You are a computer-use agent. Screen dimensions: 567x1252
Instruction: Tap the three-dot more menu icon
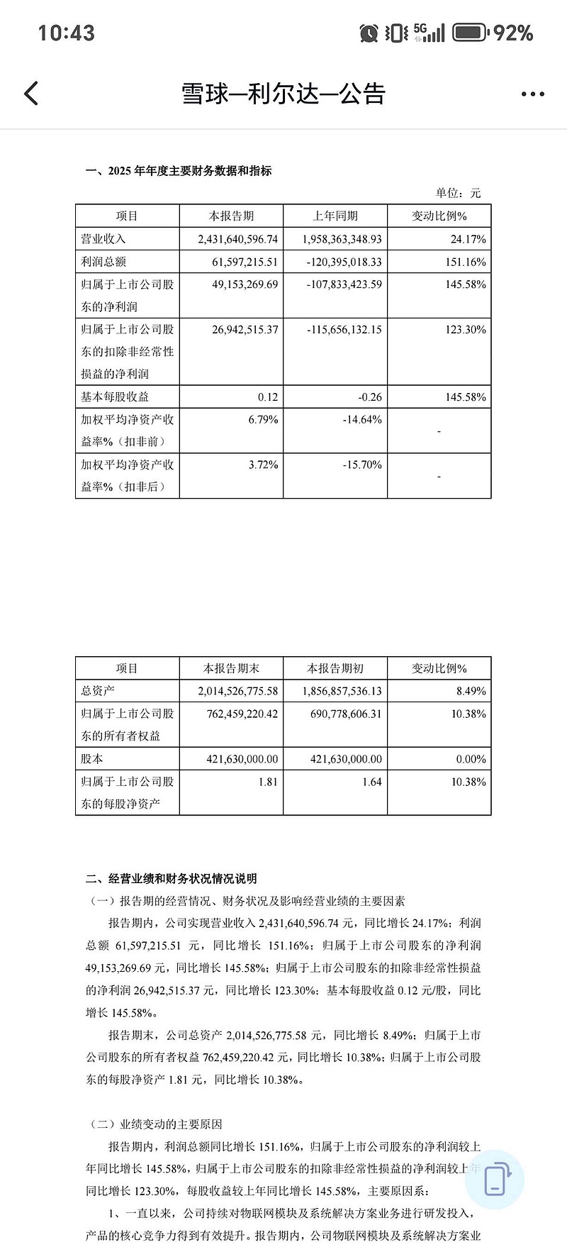point(532,94)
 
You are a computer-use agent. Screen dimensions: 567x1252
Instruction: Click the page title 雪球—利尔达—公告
point(283,94)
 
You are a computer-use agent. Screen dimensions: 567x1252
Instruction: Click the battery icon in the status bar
point(470,33)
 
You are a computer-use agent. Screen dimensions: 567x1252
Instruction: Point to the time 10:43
point(66,33)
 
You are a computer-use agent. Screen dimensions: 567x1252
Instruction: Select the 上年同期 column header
point(335,216)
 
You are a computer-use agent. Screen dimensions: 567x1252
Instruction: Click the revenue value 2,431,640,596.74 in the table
point(238,240)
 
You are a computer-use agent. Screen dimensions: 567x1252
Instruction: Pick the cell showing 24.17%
point(468,240)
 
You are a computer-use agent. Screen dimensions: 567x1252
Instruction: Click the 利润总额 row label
point(104,262)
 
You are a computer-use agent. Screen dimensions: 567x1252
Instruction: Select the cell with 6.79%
point(263,420)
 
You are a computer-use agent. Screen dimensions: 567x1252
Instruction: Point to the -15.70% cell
point(362,465)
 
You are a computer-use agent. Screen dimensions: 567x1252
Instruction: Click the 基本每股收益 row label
point(116,397)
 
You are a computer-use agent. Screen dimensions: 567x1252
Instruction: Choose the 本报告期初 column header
point(335,668)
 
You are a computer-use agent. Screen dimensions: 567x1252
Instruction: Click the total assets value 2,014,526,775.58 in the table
point(238,691)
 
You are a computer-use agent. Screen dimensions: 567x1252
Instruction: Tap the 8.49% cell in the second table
point(469,691)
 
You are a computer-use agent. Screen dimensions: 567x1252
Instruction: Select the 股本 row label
point(93,759)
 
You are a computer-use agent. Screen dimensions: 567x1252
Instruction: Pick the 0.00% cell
point(471,759)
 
